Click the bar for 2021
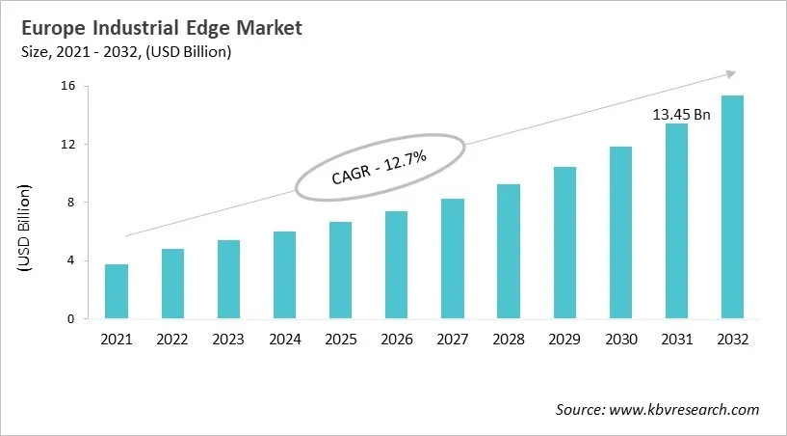point(117,291)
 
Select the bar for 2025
point(340,270)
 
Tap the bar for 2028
point(509,251)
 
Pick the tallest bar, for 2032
point(733,207)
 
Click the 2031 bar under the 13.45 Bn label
point(677,221)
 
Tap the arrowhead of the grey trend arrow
point(731,73)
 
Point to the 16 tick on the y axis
point(68,87)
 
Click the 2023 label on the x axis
point(228,340)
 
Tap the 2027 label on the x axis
point(453,340)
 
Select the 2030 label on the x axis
point(621,340)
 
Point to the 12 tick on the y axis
point(68,145)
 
